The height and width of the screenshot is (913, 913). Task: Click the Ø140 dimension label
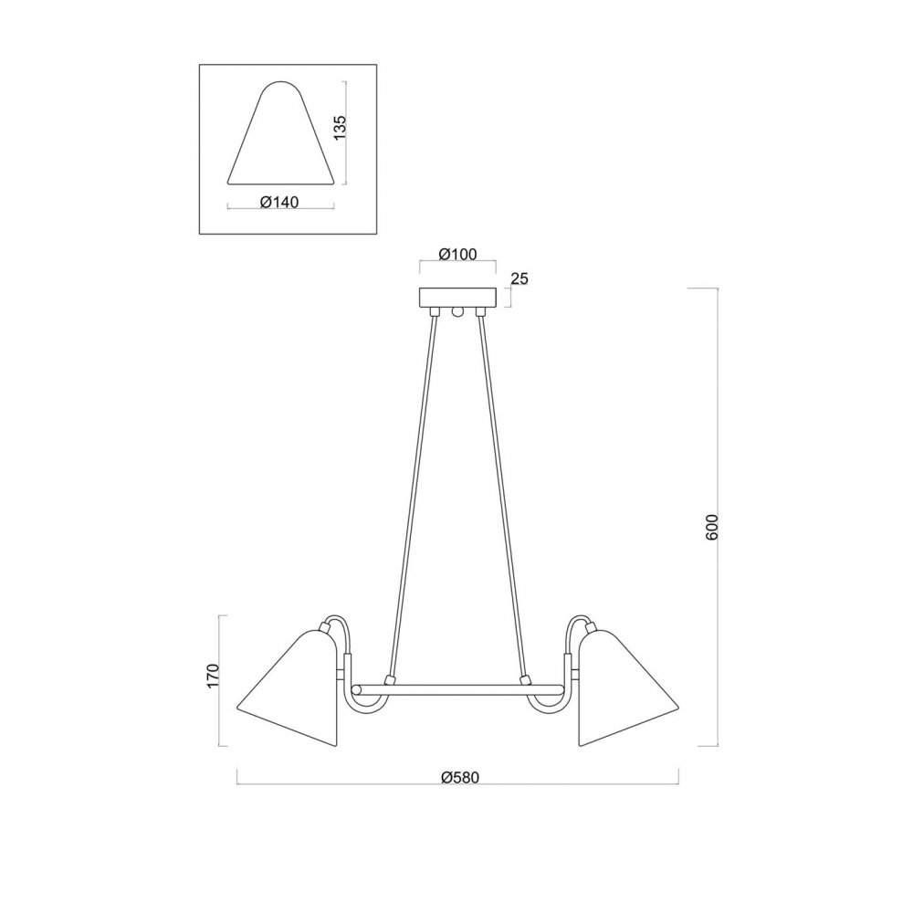[x=279, y=202]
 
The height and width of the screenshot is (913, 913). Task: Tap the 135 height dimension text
[x=340, y=127]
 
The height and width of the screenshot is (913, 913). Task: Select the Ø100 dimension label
[x=457, y=255]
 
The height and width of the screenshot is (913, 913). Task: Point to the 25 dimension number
[x=519, y=278]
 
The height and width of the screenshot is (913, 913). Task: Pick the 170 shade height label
[x=213, y=676]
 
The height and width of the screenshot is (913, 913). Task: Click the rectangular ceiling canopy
[x=457, y=299]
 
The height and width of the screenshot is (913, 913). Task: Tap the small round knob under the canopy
[x=457, y=312]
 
